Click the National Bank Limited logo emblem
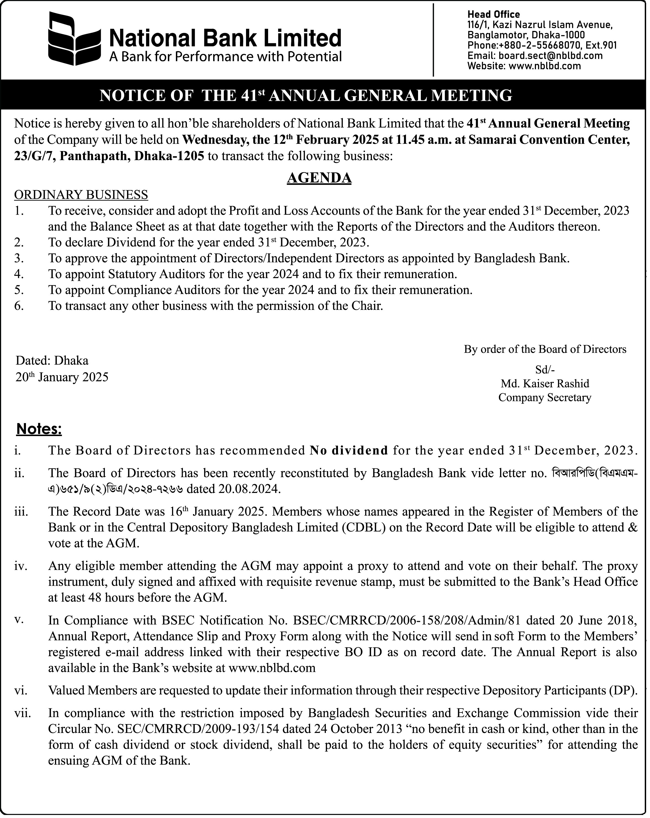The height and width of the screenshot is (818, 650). pos(74,39)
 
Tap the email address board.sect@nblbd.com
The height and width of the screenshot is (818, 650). pos(551,56)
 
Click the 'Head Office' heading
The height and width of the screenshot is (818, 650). pos(493,14)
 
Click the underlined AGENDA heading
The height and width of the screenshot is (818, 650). pos(319,178)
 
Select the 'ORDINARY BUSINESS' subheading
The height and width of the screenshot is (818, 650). pos(81,195)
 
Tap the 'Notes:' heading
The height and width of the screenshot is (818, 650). pos(39,429)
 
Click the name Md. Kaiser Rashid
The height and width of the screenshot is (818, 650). pos(545,384)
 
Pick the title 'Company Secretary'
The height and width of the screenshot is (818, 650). pos(545,398)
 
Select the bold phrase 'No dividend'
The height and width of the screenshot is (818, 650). pos(349,450)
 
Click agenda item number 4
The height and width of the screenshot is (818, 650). pos(19,274)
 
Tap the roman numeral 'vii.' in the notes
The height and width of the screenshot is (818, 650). pos(22,713)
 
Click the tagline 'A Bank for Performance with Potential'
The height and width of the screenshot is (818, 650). pos(225,57)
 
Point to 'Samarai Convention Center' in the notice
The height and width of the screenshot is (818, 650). pos(549,140)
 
